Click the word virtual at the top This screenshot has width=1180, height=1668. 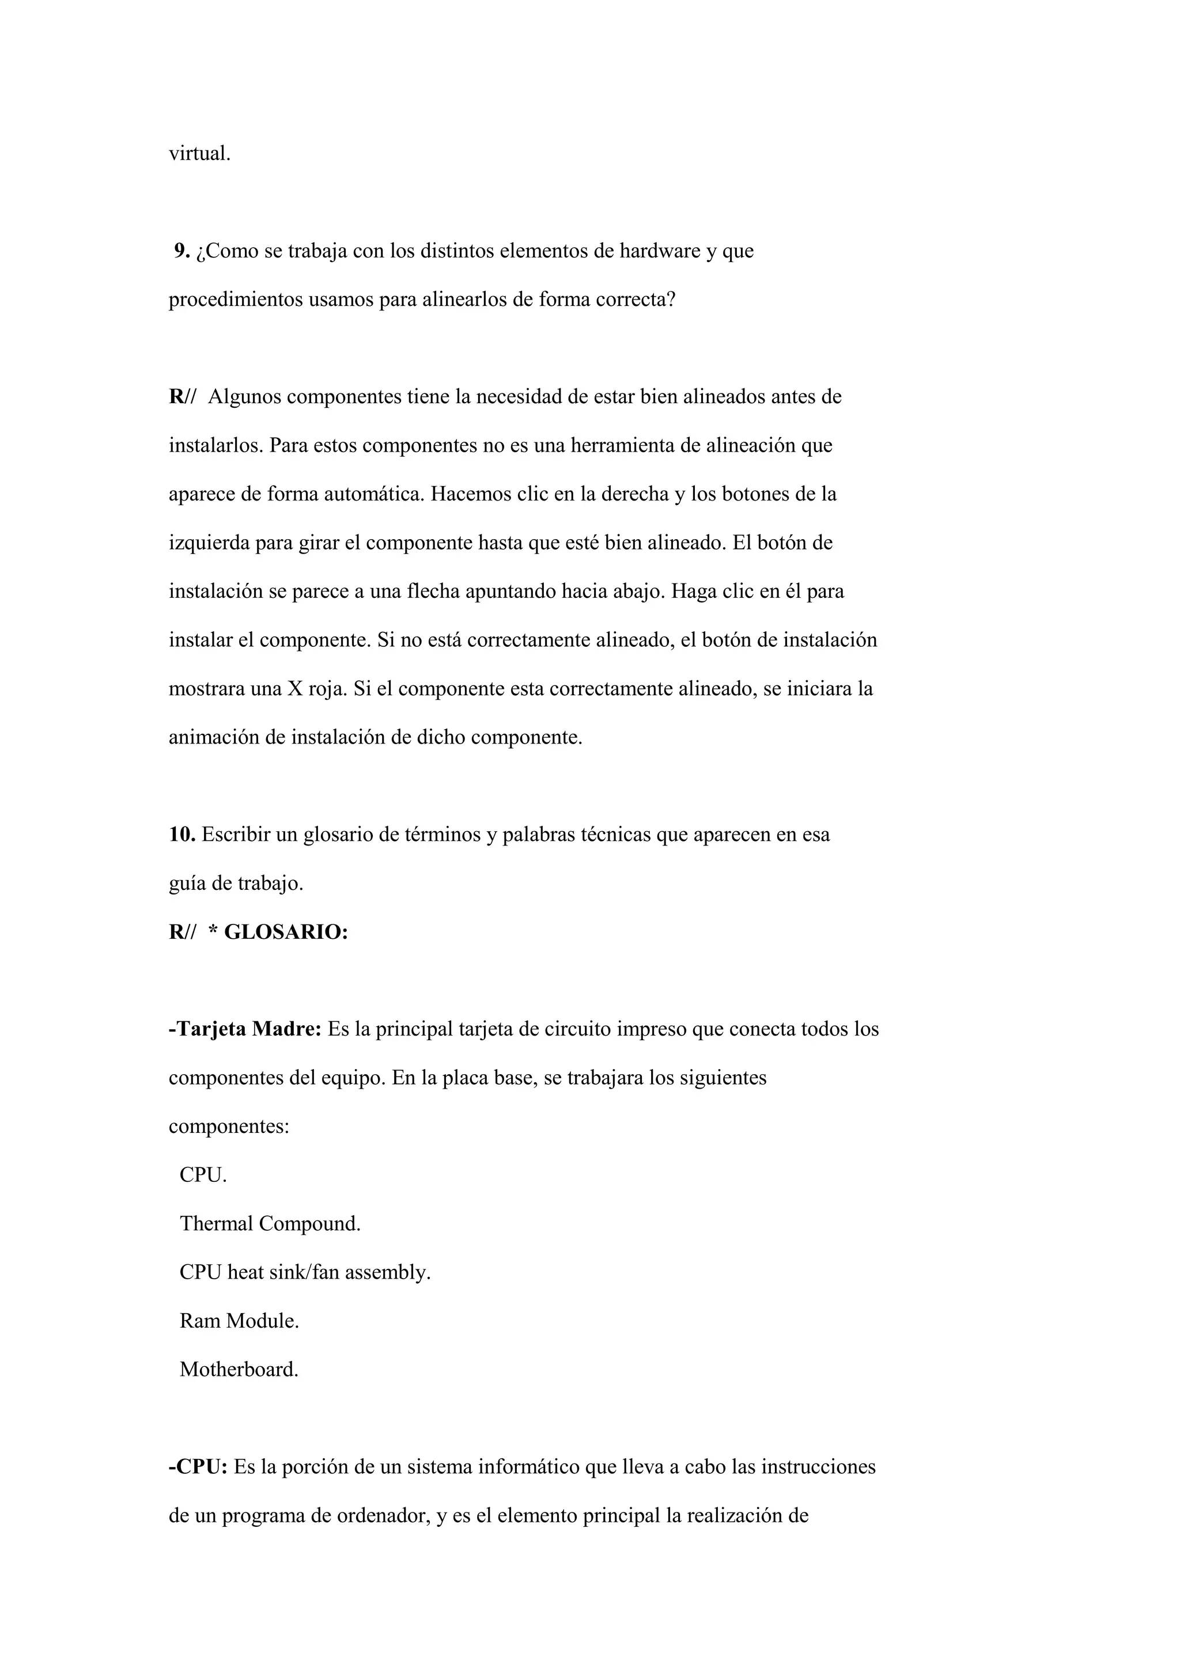199,154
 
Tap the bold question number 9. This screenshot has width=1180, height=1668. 181,251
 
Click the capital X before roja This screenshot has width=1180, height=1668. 294,689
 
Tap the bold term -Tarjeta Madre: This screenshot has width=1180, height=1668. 245,1029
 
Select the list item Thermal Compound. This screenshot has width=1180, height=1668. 270,1224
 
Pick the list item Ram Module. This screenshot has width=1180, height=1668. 239,1321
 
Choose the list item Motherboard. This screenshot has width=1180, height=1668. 239,1370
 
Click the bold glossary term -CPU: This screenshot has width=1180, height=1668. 198,1467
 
